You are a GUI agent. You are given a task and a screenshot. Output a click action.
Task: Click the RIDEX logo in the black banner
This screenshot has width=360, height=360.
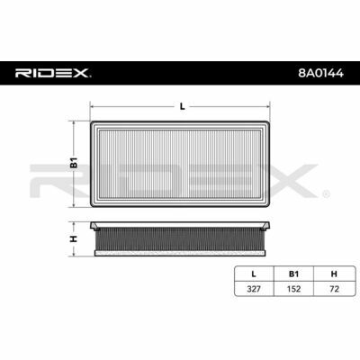click(x=53, y=73)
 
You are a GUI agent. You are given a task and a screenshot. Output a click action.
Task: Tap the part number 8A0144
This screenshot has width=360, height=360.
click(x=320, y=73)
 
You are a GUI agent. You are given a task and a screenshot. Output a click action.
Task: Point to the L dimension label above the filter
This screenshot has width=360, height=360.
click(x=182, y=106)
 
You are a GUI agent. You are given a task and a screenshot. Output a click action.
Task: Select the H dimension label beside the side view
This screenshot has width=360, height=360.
click(x=74, y=238)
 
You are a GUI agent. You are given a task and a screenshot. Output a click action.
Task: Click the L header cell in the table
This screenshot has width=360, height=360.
click(x=254, y=274)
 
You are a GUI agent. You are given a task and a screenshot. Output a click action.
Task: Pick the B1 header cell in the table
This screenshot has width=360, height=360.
click(x=293, y=274)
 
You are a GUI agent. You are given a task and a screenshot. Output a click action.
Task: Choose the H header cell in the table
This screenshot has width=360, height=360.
click(x=334, y=274)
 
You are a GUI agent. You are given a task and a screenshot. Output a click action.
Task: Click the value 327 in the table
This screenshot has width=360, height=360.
click(x=254, y=289)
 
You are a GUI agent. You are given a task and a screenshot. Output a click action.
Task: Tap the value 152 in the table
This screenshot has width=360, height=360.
click(x=293, y=289)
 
